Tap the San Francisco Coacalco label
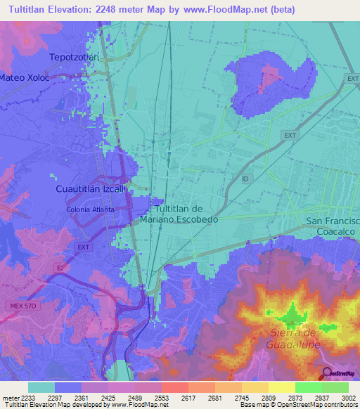(333, 226)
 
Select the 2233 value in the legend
(28, 397)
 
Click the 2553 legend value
(162, 397)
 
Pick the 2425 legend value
(108, 397)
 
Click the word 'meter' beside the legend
(9, 397)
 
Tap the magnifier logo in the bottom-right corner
(326, 373)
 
